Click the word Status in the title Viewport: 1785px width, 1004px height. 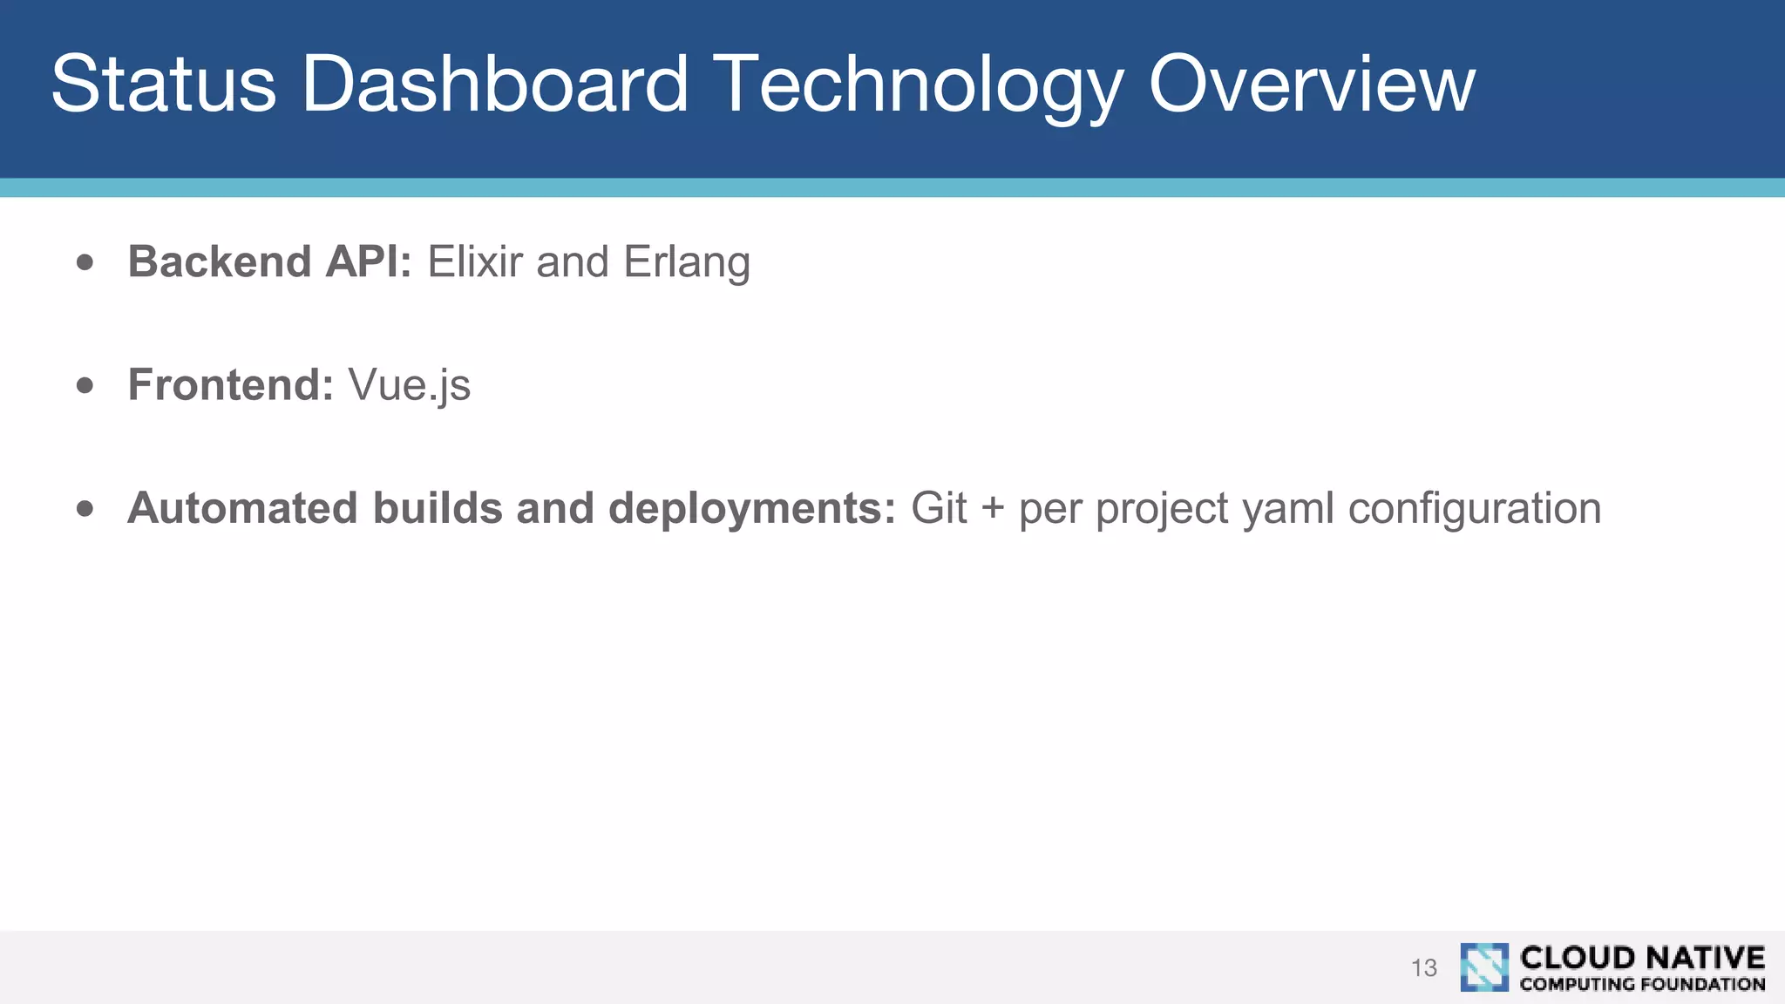tap(163, 84)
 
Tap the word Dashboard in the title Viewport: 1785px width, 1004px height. tap(494, 84)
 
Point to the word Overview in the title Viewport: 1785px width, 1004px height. tap(1311, 84)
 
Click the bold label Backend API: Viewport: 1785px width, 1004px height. tap(269, 261)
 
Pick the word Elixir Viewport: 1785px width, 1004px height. tap(474, 261)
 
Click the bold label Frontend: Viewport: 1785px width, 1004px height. tap(231, 384)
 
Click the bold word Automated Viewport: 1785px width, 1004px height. tap(242, 508)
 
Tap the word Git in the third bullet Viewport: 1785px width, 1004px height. tap(939, 508)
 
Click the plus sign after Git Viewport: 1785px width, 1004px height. tap(993, 509)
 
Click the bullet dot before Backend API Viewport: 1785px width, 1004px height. tap(85, 262)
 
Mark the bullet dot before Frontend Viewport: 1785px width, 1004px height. tap(85, 385)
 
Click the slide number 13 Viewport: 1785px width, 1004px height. tap(1423, 967)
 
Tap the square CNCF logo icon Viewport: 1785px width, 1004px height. tap(1483, 967)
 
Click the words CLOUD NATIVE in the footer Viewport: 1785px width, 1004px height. tap(1642, 957)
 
